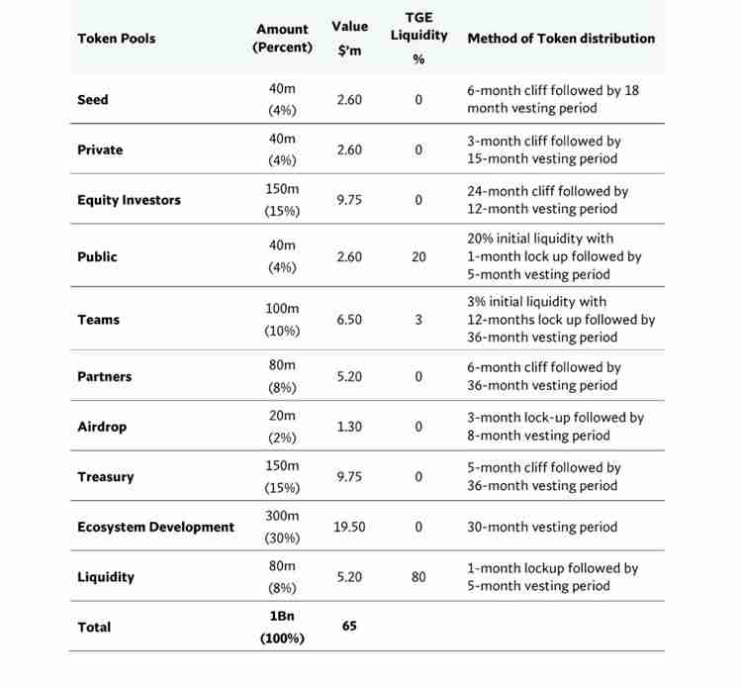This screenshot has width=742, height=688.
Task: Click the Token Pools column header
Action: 116,39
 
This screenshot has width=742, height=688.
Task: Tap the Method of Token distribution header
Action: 561,39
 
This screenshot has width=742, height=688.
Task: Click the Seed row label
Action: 93,100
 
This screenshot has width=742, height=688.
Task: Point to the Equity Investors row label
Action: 129,200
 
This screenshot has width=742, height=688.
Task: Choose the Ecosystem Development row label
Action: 155,527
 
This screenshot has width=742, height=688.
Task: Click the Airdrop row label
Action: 102,427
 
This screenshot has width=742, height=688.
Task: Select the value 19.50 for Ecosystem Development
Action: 349,527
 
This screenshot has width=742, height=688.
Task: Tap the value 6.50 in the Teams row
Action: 349,320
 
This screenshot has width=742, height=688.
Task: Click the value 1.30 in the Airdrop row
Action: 349,427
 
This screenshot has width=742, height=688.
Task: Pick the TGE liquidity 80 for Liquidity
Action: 418,577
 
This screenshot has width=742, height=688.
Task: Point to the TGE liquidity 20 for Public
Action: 418,256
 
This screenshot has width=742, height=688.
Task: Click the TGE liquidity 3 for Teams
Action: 418,320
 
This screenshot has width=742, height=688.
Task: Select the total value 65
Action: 349,626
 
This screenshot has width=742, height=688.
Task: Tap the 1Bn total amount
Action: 282,615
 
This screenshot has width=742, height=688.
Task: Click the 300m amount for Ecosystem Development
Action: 282,516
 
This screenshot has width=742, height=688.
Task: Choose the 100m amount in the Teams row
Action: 282,309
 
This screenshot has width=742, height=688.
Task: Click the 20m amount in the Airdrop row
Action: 282,416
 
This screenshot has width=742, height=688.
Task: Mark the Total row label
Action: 94,627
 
